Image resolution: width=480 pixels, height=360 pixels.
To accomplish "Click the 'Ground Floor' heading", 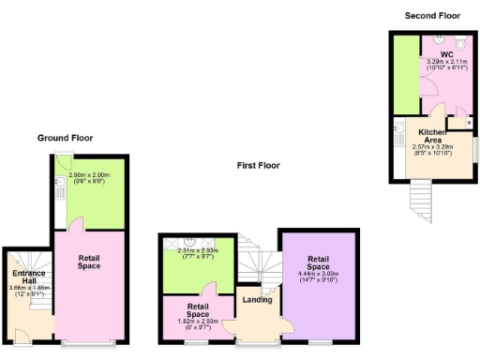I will [65, 138].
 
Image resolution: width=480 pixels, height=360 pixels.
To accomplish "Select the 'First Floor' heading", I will [258, 165].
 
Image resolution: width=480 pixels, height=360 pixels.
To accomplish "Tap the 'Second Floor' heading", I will [432, 16].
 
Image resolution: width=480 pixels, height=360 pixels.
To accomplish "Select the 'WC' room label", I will [434, 55].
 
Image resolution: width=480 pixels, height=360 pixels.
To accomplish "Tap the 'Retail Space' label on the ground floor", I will [89, 262].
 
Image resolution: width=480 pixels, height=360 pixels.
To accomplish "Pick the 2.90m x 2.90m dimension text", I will [89, 175].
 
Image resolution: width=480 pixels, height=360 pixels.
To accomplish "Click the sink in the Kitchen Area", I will [398, 128].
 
